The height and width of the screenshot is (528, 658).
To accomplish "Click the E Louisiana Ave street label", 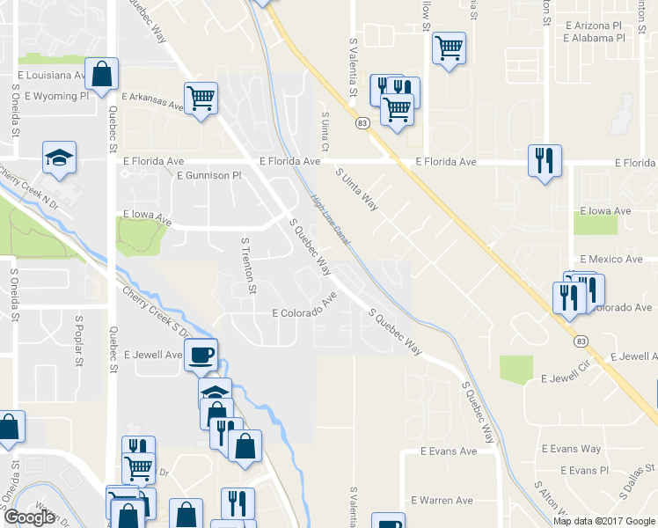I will click(x=49, y=77).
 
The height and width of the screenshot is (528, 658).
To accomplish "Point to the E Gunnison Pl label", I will click(x=208, y=176).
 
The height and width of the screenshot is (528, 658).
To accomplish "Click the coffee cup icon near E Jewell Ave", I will click(x=202, y=355).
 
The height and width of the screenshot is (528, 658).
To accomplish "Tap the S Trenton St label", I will click(x=249, y=265).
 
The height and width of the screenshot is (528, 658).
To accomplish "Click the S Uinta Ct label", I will click(x=325, y=131).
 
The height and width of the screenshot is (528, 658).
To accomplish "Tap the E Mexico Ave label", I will click(x=611, y=260).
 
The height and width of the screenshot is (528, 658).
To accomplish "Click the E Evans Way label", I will click(x=573, y=450).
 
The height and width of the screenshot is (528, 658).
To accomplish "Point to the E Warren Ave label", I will click(x=447, y=501).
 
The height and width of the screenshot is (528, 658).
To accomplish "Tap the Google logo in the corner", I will click(x=29, y=517).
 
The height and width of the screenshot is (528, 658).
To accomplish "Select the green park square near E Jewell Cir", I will click(x=516, y=368).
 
